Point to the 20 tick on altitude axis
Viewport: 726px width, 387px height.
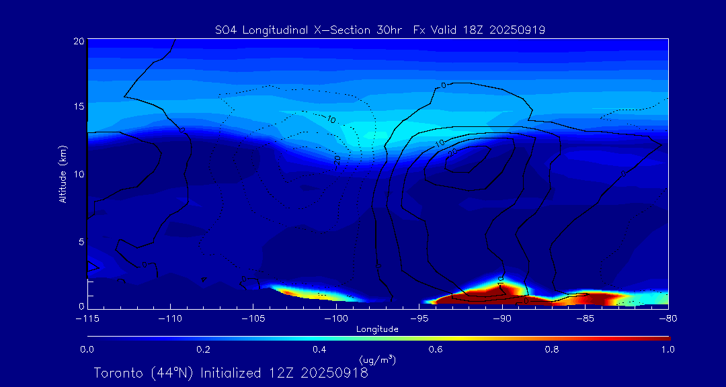click(78, 41)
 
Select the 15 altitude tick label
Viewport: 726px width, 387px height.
click(78, 107)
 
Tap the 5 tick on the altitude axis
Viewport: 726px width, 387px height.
click(81, 241)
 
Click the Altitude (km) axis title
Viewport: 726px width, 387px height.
click(63, 174)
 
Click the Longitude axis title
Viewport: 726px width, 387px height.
click(377, 329)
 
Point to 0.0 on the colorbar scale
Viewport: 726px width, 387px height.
click(87, 349)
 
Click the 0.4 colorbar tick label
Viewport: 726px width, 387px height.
click(319, 349)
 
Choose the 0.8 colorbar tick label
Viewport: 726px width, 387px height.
click(552, 349)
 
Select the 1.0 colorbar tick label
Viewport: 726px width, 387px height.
click(668, 349)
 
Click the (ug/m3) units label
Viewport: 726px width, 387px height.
click(377, 361)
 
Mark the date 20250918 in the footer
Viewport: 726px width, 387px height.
click(334, 373)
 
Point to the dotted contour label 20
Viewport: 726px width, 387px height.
click(337, 160)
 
